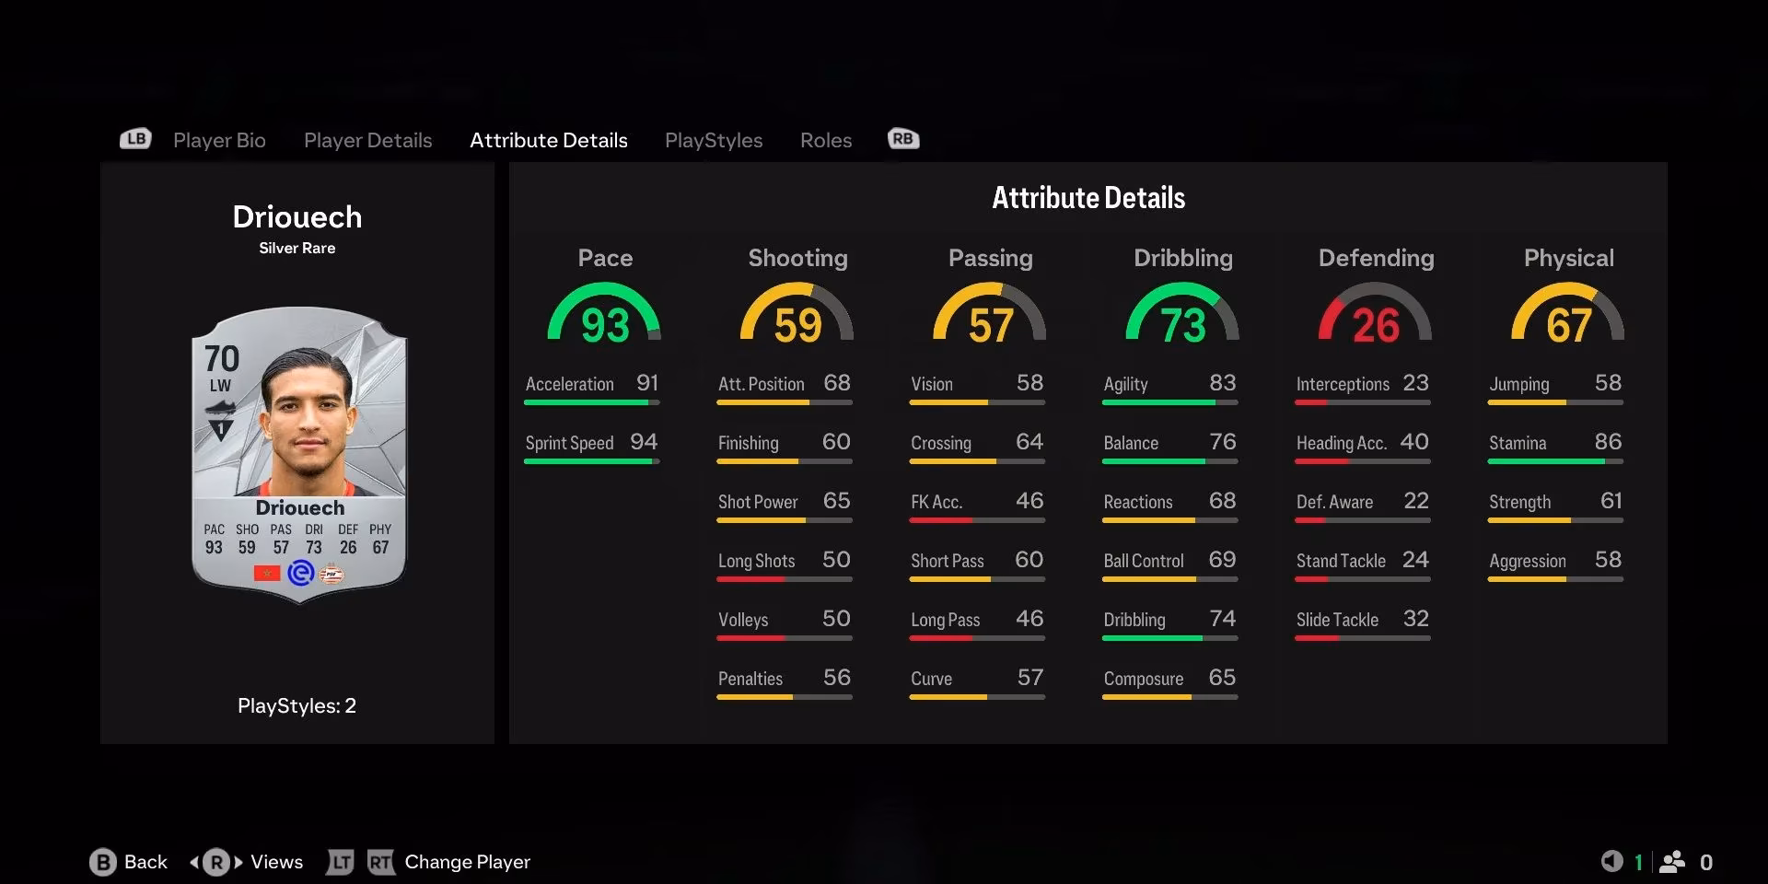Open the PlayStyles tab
714,140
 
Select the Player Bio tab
219,140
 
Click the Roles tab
825,140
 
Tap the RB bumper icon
903,139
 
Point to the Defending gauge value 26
1376,326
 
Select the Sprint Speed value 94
644,442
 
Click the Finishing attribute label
748,443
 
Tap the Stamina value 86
1608,442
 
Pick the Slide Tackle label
1337,620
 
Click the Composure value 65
1222,678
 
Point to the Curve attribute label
931,679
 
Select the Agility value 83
1222,383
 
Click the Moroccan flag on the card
267,574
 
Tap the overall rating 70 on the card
221,358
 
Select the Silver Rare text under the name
297,248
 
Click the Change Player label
467,862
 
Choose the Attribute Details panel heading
1088,197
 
